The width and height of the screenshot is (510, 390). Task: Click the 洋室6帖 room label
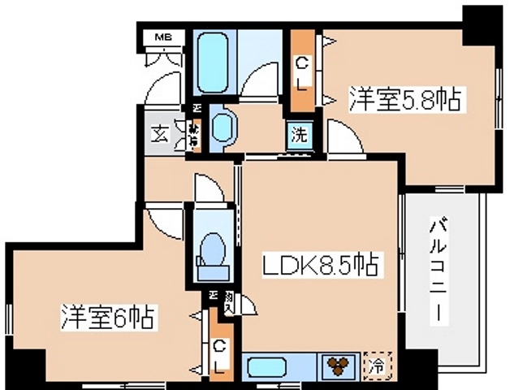tap(107, 316)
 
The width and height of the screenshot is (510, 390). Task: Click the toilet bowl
tap(212, 248)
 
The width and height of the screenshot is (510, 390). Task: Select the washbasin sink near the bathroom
tap(223, 128)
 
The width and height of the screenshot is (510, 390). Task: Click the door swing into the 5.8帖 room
tap(341, 136)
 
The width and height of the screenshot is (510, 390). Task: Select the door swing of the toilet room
tap(208, 191)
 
